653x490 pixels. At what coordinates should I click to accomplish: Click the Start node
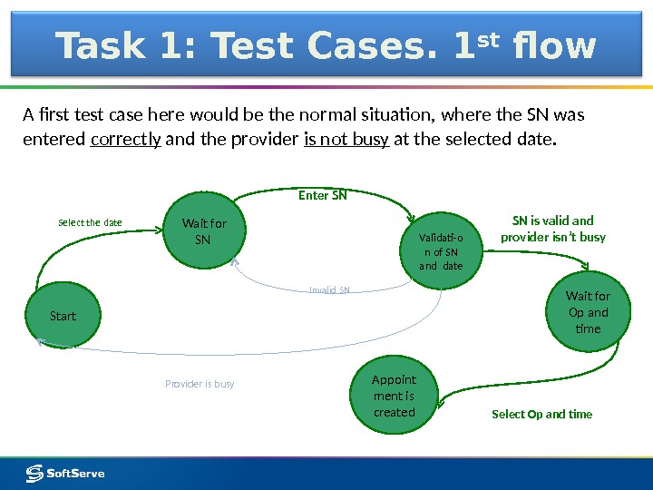click(63, 316)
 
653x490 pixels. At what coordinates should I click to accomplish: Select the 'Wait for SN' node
click(204, 231)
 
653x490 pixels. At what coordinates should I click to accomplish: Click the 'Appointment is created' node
click(394, 397)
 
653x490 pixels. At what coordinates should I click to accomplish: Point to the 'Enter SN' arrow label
click(323, 194)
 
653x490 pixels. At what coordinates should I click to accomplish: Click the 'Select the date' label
click(90, 222)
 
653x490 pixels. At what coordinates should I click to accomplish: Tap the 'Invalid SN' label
click(329, 290)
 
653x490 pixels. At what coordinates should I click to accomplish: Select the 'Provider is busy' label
click(200, 384)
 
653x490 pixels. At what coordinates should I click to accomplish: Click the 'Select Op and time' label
click(541, 414)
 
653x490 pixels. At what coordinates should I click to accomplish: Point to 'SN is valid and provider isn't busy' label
click(552, 229)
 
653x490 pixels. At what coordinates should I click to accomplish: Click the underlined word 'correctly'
click(126, 140)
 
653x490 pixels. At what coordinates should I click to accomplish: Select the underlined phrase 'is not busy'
click(346, 140)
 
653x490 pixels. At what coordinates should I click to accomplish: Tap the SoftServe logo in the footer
click(65, 473)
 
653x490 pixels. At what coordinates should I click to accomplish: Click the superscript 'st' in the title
click(492, 38)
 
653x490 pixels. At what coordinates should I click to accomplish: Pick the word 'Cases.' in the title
click(371, 46)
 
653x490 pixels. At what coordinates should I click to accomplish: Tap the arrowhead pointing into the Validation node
click(413, 219)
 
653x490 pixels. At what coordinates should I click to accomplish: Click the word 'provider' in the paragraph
click(268, 140)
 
